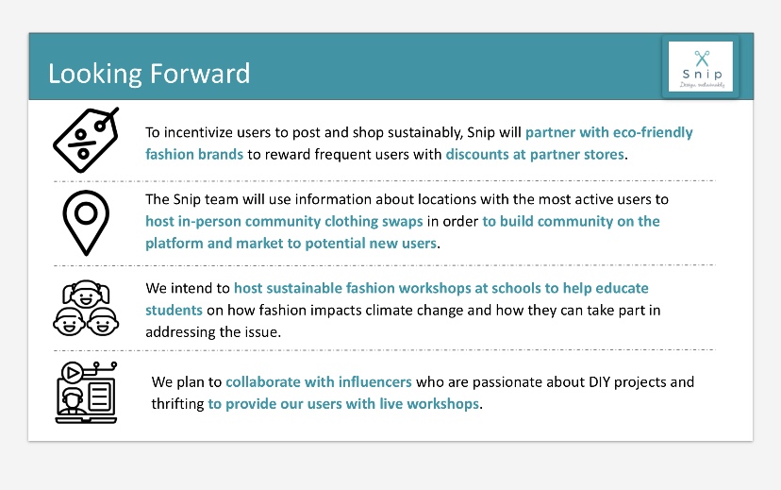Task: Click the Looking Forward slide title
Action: tap(149, 74)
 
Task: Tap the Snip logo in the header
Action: tap(700, 67)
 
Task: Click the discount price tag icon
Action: tap(86, 140)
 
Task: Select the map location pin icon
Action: tap(86, 222)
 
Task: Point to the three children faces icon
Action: tap(86, 308)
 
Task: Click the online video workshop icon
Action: tap(86, 393)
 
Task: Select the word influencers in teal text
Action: tap(375, 381)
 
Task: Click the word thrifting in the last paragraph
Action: tap(178, 404)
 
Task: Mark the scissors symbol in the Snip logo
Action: tap(702, 58)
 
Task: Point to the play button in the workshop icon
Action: tap(73, 372)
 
